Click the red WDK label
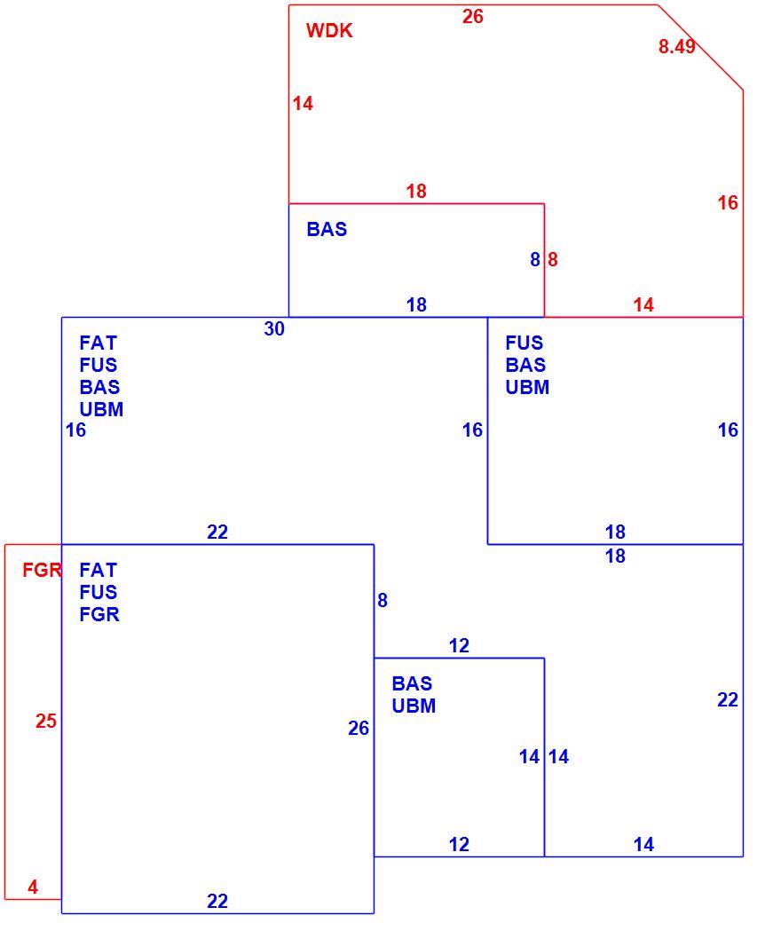[x=329, y=30]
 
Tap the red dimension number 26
[x=473, y=17]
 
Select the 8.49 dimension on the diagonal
[x=676, y=46]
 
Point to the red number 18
[x=416, y=191]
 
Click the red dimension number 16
[x=728, y=203]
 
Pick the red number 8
[x=553, y=259]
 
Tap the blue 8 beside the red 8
[x=535, y=259]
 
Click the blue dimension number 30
[x=274, y=329]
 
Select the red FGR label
[x=43, y=570]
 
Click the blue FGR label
[x=99, y=614]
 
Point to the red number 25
[x=46, y=721]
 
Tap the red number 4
[x=33, y=887]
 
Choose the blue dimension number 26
[x=359, y=728]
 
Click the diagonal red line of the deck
[x=700, y=48]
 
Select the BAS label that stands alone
[x=327, y=229]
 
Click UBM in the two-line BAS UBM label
[x=414, y=706]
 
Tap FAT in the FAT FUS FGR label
[x=98, y=570]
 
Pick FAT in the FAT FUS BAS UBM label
[x=98, y=343]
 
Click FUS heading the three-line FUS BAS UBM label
[x=524, y=343]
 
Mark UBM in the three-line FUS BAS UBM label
[x=527, y=387]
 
